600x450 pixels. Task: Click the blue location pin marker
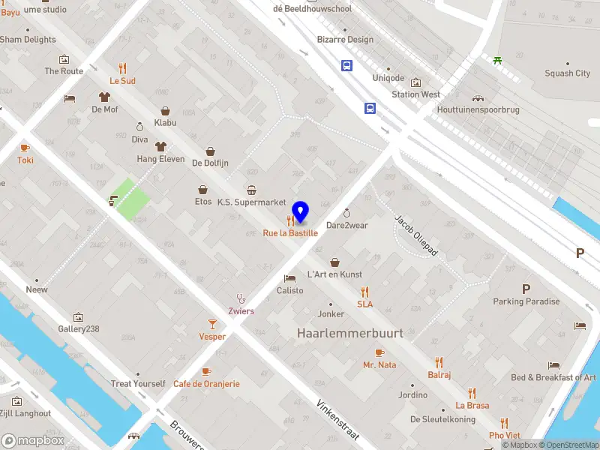click(x=300, y=212)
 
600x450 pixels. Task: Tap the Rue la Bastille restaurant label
click(x=290, y=233)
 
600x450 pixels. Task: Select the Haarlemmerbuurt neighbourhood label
click(x=349, y=332)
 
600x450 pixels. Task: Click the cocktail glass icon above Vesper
click(x=212, y=323)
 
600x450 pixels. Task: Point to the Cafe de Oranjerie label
click(x=206, y=384)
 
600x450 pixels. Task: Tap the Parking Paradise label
click(x=526, y=301)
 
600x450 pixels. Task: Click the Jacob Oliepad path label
click(x=416, y=235)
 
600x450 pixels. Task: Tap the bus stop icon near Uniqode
click(x=346, y=65)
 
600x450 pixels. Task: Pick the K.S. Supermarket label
click(x=251, y=202)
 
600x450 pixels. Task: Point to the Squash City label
click(x=567, y=73)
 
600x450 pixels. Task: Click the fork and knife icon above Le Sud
click(x=122, y=67)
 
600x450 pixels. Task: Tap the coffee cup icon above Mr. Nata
click(x=379, y=352)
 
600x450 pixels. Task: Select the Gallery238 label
click(x=79, y=329)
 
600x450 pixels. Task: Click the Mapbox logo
click(x=33, y=441)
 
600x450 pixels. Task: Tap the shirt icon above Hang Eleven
click(x=160, y=145)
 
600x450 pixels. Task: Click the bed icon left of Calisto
click(x=290, y=278)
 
